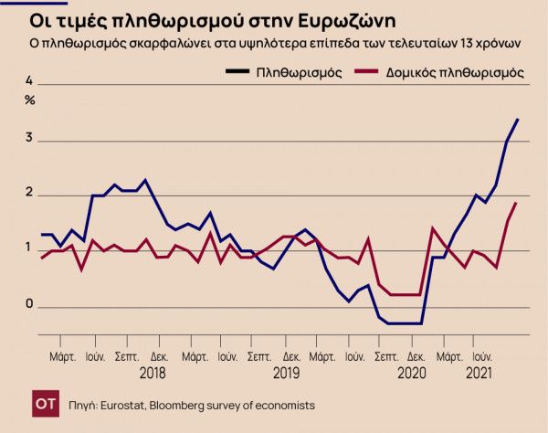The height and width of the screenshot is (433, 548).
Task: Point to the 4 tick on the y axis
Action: (x=28, y=84)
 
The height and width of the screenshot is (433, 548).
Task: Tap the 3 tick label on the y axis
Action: (x=28, y=139)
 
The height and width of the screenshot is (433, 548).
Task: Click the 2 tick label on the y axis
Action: (x=28, y=194)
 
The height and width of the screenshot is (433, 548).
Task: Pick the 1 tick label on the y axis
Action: (x=28, y=248)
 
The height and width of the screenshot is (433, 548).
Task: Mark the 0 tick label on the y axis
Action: (x=28, y=304)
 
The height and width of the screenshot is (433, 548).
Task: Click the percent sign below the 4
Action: (x=29, y=100)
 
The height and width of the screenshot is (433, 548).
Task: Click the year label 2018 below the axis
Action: (x=153, y=373)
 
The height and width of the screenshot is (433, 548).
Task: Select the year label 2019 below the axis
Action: (x=286, y=373)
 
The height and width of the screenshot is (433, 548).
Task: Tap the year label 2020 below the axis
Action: (x=411, y=373)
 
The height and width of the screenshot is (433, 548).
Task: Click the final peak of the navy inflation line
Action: (x=518, y=119)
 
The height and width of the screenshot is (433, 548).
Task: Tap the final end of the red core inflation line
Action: (x=517, y=203)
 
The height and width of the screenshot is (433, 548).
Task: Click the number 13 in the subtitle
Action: (x=479, y=43)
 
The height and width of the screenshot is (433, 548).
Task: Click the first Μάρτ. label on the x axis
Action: (x=62, y=356)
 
